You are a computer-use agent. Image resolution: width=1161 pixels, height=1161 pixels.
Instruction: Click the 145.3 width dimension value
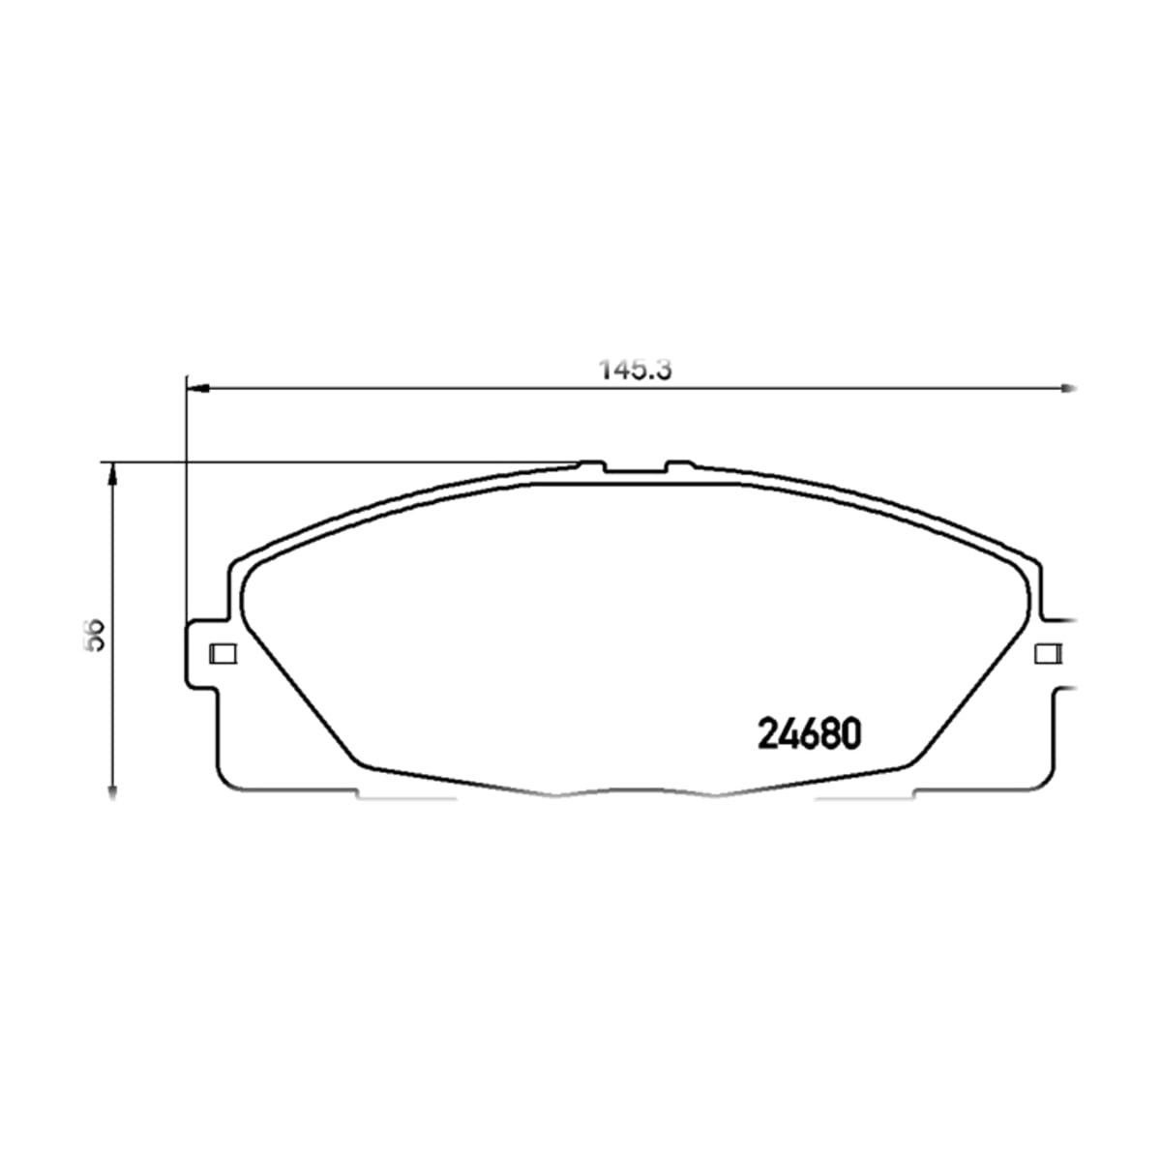(635, 370)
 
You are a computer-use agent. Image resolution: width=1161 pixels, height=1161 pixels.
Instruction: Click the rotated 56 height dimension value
(95, 635)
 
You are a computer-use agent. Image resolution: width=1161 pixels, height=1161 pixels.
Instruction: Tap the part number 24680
(809, 734)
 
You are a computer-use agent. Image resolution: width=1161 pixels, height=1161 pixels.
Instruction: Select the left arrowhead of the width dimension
(197, 389)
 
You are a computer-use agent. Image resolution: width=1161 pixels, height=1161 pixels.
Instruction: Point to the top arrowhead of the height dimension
(111, 474)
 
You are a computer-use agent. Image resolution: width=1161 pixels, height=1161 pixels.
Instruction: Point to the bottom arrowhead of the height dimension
(111, 789)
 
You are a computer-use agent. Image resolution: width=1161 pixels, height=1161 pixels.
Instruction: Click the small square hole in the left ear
(223, 654)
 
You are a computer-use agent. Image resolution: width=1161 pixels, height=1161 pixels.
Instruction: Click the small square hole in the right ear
(1049, 654)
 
